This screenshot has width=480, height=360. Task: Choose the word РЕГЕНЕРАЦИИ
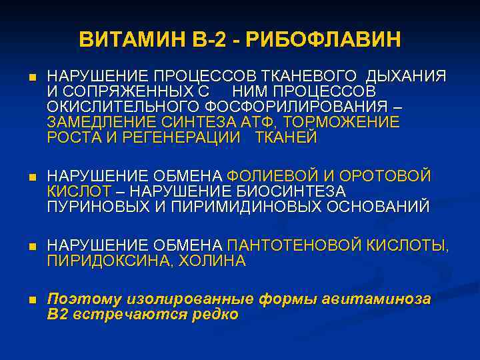click(175, 138)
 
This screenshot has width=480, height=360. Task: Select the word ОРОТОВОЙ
click(386, 176)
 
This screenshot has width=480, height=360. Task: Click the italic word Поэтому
click(81, 299)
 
